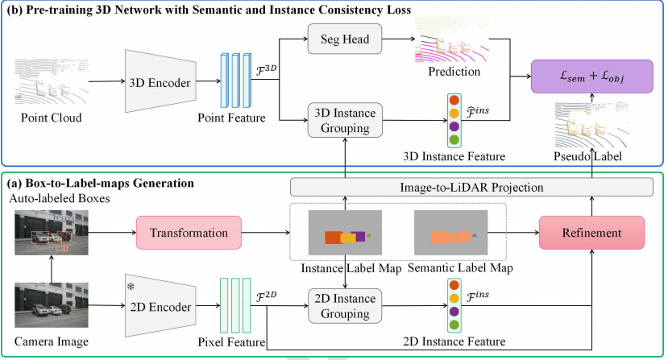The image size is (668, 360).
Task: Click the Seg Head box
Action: click(343, 40)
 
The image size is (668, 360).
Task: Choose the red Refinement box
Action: click(592, 233)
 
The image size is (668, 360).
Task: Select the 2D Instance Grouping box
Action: click(344, 305)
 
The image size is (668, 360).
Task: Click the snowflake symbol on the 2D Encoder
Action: click(130, 287)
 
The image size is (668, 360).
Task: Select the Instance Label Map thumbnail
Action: click(345, 235)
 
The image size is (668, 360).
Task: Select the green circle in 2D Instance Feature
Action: click(453, 324)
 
